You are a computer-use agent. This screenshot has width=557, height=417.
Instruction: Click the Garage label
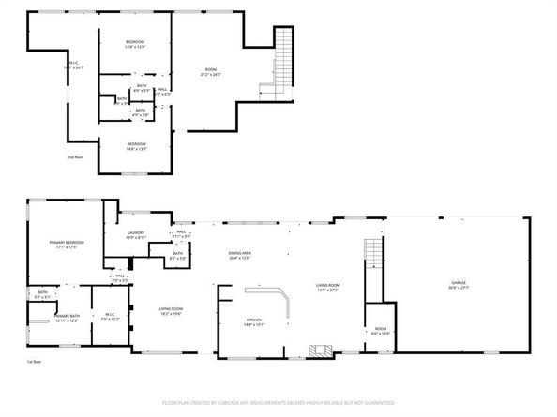pos(458,282)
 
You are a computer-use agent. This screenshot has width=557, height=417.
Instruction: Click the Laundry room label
pos(137,235)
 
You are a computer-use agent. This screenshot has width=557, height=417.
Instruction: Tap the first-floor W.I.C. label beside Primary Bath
pos(110,317)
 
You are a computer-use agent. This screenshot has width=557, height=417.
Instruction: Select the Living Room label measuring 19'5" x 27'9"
pos(327,288)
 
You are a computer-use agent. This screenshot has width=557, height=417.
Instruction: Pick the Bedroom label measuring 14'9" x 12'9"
pos(137,44)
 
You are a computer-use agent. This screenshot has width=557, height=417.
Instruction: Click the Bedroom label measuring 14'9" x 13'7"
pos(137,145)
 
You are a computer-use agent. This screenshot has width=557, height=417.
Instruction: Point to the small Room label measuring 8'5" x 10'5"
pos(381,330)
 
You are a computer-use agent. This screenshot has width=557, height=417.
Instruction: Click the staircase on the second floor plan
pos(282,58)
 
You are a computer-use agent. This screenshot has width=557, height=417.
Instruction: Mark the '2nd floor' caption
pos(75,158)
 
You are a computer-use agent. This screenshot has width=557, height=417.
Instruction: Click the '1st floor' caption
pos(34,362)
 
